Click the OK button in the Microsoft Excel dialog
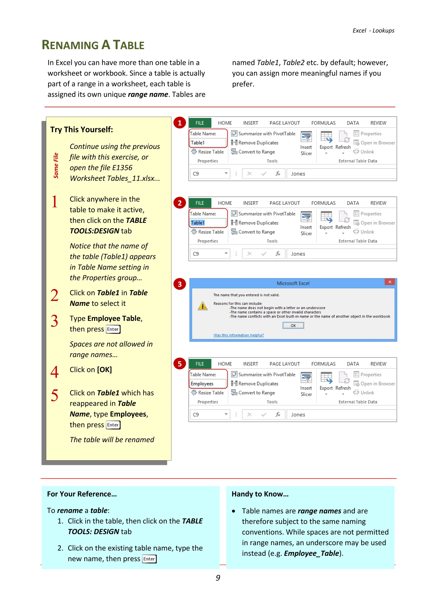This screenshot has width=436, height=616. (293, 325)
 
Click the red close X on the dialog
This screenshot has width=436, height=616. (390, 282)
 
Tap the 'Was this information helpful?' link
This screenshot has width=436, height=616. (238, 335)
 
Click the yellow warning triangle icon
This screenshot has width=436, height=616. (203, 306)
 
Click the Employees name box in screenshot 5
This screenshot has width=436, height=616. (208, 384)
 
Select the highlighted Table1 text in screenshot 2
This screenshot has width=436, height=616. (198, 223)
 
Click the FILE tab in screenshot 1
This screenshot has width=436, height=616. (200, 123)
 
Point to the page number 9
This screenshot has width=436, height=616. (218, 578)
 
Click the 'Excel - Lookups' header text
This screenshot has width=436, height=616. (373, 31)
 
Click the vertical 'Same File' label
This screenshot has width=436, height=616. (56, 165)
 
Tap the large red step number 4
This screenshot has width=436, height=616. (54, 372)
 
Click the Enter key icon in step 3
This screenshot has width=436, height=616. (113, 329)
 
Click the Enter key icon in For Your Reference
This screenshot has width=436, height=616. (149, 559)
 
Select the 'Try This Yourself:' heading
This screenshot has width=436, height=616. (82, 130)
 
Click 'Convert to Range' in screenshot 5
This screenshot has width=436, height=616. (256, 393)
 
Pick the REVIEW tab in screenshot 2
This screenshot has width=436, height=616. (378, 203)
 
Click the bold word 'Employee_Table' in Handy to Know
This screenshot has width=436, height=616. (311, 553)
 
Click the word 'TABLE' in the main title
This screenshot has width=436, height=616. (128, 45)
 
